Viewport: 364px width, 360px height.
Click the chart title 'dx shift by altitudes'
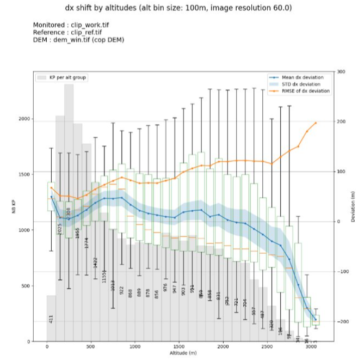click(x=182, y=8)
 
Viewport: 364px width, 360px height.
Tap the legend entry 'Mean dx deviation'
click(x=306, y=77)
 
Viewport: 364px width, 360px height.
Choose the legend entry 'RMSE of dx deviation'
click(x=306, y=91)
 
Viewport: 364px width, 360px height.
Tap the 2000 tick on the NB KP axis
click(x=24, y=119)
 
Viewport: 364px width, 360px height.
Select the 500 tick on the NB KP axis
click(x=26, y=286)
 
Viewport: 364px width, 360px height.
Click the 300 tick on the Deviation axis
click(x=341, y=72)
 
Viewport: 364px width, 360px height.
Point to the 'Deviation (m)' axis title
click(x=354, y=207)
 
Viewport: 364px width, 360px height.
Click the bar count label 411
click(x=51, y=319)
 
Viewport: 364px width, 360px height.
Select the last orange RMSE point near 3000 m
click(x=316, y=123)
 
